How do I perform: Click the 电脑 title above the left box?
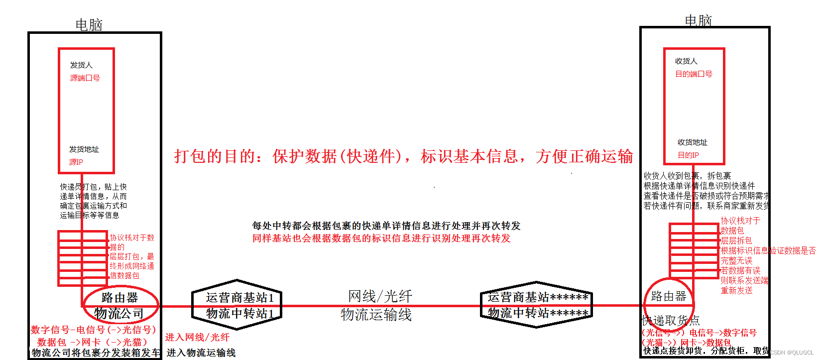click(89, 25)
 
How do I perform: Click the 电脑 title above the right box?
click(698, 21)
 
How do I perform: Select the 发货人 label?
click(81, 65)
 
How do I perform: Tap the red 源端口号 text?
click(85, 78)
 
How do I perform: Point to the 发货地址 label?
click(84, 149)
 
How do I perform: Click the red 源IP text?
click(76, 162)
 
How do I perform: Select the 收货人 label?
click(686, 61)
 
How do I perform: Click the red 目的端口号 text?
click(694, 74)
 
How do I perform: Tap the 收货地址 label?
click(692, 142)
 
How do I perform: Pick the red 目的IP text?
click(688, 155)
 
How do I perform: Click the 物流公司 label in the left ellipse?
click(119, 314)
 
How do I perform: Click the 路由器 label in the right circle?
click(668, 297)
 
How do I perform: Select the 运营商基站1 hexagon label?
click(239, 298)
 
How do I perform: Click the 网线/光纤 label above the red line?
click(380, 296)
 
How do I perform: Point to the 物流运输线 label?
click(376, 315)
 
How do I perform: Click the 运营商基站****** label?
click(538, 297)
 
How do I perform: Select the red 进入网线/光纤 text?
click(197, 338)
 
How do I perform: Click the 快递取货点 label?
click(671, 320)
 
